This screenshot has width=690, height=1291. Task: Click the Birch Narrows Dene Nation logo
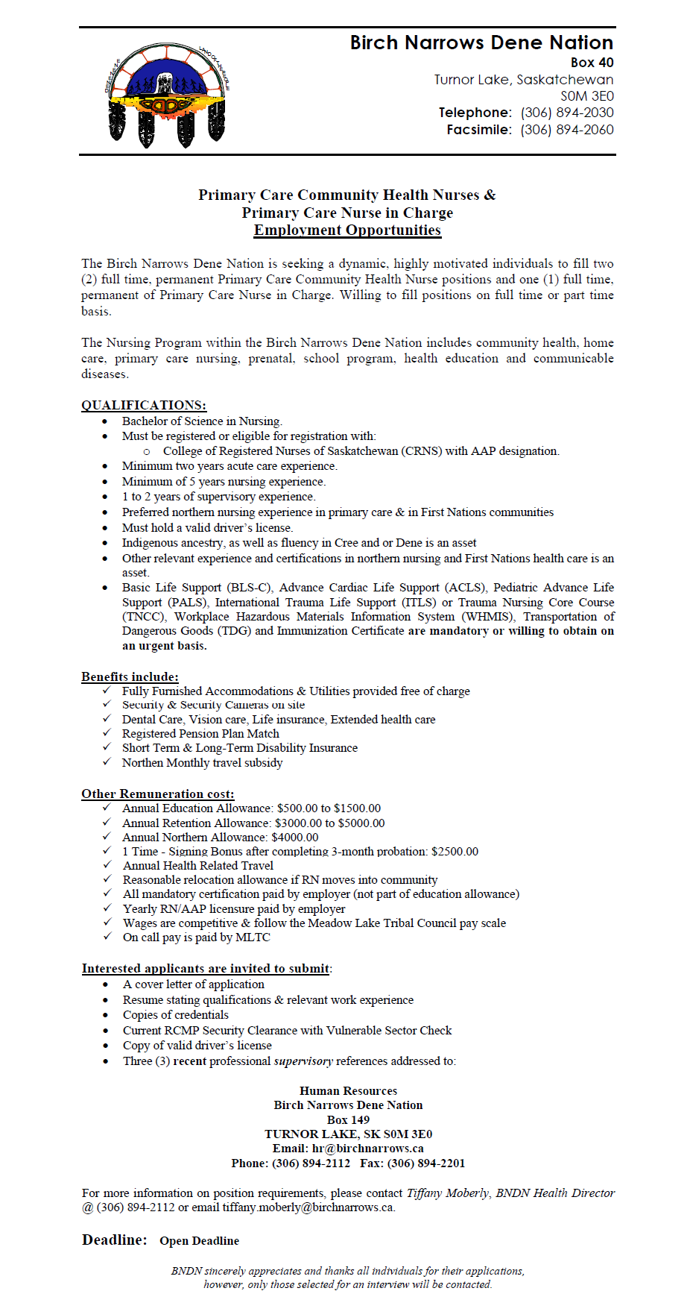[x=167, y=93]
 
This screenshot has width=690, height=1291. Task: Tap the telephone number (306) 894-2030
[x=567, y=113]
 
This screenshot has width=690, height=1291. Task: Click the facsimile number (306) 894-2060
[x=567, y=130]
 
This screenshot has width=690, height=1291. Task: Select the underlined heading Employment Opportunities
[x=347, y=230]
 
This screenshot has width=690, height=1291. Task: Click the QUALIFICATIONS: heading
[x=144, y=405]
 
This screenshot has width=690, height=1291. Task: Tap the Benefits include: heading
[x=130, y=676]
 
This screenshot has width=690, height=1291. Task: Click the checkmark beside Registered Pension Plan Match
[x=107, y=733]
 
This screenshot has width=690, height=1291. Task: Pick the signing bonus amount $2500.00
[x=455, y=852]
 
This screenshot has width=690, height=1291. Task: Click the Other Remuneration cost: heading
[x=158, y=794]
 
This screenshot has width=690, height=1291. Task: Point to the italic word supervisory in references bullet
[x=303, y=1061]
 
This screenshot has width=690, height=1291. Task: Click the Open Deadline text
[x=199, y=1241]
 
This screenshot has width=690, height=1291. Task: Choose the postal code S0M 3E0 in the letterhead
[x=587, y=96]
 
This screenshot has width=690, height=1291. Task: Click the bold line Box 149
[x=348, y=1120]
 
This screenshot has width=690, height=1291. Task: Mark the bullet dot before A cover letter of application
[x=106, y=984]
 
